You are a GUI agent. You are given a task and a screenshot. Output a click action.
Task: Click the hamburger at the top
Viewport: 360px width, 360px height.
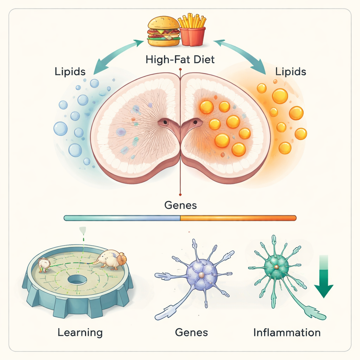coord(164,31)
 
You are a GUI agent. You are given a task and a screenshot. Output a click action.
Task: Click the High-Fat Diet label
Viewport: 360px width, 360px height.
coord(180,59)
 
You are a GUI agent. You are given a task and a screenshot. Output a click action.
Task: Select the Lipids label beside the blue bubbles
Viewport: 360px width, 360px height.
coord(70,72)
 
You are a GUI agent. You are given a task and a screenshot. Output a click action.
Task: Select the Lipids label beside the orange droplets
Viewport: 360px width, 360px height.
coord(291,72)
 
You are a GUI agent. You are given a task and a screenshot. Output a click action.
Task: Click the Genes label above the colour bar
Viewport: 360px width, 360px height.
coord(181,205)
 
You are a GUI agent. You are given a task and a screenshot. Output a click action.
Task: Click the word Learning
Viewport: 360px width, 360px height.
coord(80,332)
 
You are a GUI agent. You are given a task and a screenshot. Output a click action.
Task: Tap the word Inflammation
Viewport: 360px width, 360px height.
coord(287,332)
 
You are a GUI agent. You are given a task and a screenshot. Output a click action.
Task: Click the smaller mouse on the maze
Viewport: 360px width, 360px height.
coord(45,264)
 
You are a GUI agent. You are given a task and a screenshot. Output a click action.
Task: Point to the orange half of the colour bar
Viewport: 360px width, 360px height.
coord(238,218)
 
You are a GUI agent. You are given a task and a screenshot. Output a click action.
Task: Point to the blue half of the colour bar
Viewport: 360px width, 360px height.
coord(122,218)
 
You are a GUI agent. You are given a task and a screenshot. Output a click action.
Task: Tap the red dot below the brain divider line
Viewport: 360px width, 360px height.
coord(180,194)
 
